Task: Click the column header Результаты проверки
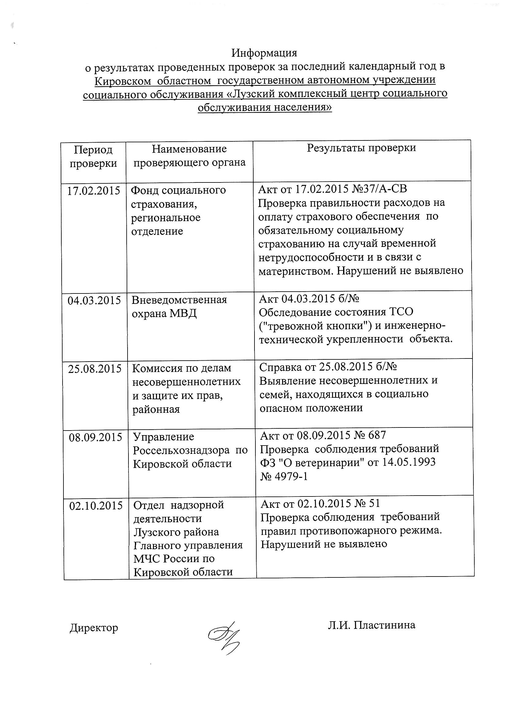(x=361, y=148)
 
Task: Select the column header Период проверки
(x=93, y=156)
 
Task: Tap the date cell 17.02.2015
(x=94, y=190)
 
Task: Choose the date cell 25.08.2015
(x=94, y=369)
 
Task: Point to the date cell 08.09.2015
(x=95, y=437)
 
